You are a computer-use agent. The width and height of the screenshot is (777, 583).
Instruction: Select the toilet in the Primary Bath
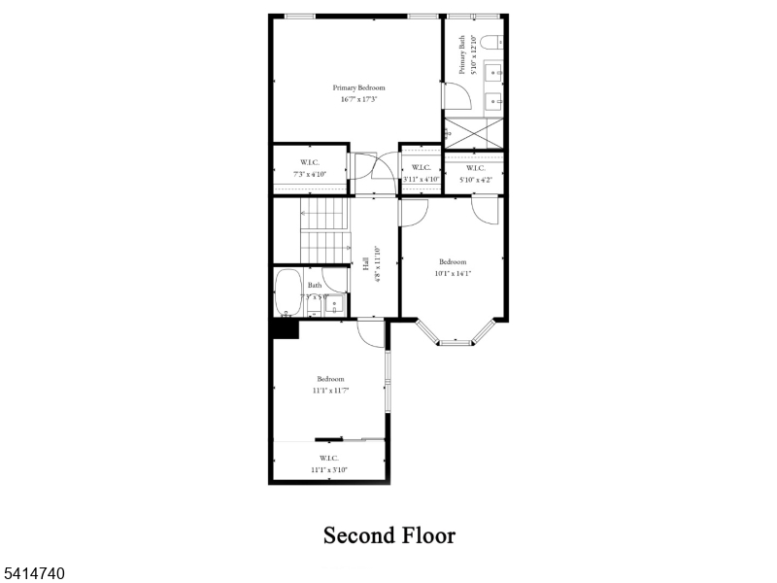point(492,40)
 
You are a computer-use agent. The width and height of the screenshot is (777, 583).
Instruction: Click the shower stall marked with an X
point(473,132)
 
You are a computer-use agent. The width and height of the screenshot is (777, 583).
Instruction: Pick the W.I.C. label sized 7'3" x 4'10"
point(309,162)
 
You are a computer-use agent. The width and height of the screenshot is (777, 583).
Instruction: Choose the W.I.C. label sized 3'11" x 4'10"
point(421,167)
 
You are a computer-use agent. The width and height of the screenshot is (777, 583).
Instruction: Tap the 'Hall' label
point(366,263)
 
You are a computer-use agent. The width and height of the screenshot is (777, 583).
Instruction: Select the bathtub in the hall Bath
point(287,291)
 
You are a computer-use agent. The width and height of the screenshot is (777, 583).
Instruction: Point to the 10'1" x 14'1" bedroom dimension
point(453,273)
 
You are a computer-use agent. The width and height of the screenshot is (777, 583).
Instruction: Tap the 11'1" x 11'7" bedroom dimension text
point(330,390)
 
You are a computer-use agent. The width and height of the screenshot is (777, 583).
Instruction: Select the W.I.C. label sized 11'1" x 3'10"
point(329,463)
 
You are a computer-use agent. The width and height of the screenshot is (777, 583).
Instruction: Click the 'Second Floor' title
point(388,535)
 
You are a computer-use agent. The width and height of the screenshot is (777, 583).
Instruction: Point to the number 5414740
point(34,574)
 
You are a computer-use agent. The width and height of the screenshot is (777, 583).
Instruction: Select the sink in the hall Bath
point(334,304)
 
